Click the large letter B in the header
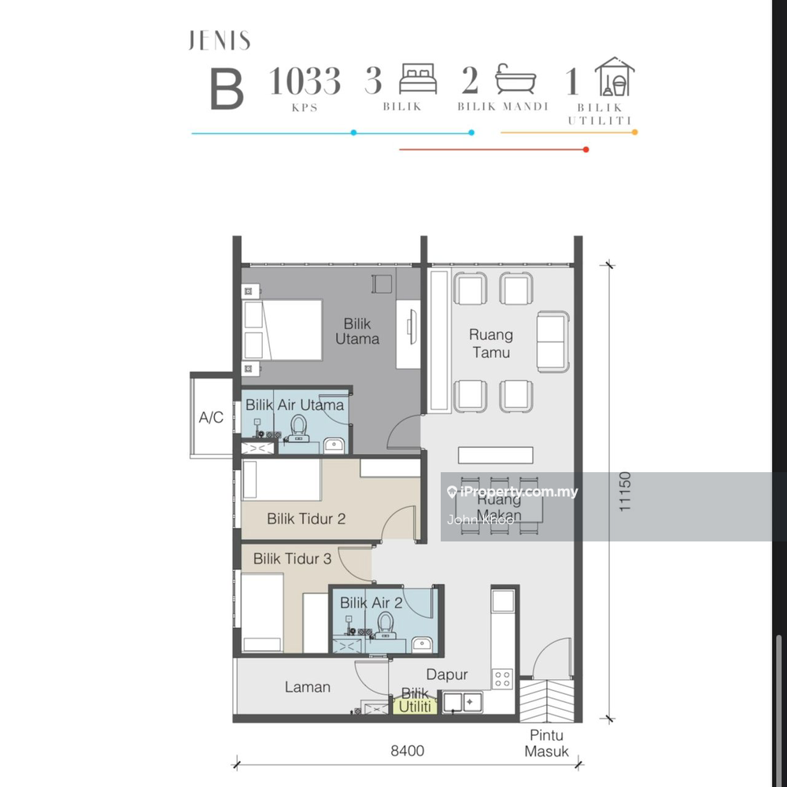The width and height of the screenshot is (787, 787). tap(227, 90)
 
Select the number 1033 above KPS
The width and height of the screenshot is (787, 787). tap(305, 81)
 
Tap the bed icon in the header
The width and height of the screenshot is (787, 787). tap(418, 78)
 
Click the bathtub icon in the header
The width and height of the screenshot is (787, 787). tap(515, 79)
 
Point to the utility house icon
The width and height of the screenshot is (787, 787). tap(615, 76)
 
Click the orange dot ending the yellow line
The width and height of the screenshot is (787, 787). tap(635, 132)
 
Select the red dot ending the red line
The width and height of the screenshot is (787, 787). tap(586, 150)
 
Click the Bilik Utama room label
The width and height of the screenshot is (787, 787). tap(357, 331)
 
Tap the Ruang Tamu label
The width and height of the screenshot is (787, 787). tap(491, 343)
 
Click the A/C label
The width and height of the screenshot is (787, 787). tap(211, 417)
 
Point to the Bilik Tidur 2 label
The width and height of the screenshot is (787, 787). tap(306, 519)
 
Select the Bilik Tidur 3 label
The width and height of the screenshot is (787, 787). tap(292, 559)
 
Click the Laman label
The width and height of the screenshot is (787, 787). tap(307, 687)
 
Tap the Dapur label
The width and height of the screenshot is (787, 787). tap(447, 675)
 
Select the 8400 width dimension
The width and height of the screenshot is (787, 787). tap(408, 751)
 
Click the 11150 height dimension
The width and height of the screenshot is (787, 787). tap(624, 492)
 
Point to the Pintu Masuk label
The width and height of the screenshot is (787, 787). tap(547, 744)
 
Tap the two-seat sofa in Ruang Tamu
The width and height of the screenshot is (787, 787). tap(552, 342)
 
